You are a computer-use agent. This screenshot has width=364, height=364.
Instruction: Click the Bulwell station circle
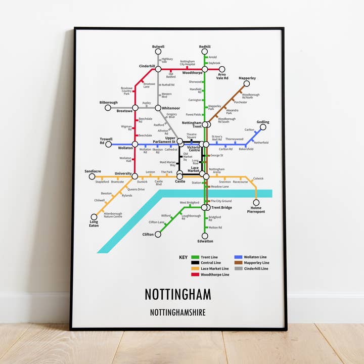(x=158, y=52)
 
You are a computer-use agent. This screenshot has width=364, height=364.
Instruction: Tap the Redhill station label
(x=205, y=47)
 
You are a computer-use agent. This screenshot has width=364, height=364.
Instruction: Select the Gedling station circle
(x=263, y=127)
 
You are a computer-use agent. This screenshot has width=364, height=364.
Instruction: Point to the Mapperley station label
(x=247, y=78)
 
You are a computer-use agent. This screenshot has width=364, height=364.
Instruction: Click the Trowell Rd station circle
(x=108, y=144)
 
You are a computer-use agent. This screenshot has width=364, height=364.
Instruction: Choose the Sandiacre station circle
(x=92, y=176)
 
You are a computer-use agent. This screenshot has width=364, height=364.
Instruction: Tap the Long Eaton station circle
(x=94, y=216)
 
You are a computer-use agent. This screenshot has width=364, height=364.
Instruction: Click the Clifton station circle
(x=158, y=234)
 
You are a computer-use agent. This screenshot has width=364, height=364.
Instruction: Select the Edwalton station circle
(x=205, y=235)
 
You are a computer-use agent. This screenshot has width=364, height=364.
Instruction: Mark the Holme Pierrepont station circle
(x=256, y=203)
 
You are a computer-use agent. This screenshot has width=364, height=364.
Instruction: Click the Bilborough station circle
(x=108, y=108)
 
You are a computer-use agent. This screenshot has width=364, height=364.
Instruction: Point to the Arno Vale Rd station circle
(x=221, y=69)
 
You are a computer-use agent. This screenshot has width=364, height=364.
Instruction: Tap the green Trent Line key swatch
(x=195, y=257)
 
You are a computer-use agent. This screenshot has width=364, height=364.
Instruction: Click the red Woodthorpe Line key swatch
(x=195, y=275)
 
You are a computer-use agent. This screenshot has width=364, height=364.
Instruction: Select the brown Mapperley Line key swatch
(x=239, y=263)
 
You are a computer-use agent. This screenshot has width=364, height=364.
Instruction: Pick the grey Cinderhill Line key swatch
(x=239, y=268)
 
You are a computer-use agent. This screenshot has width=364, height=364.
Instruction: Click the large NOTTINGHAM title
(x=178, y=294)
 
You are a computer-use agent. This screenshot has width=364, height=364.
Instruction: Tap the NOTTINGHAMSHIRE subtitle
(x=178, y=312)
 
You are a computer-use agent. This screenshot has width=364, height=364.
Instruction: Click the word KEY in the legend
(x=183, y=257)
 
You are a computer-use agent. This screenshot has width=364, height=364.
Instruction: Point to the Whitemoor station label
(x=171, y=108)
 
